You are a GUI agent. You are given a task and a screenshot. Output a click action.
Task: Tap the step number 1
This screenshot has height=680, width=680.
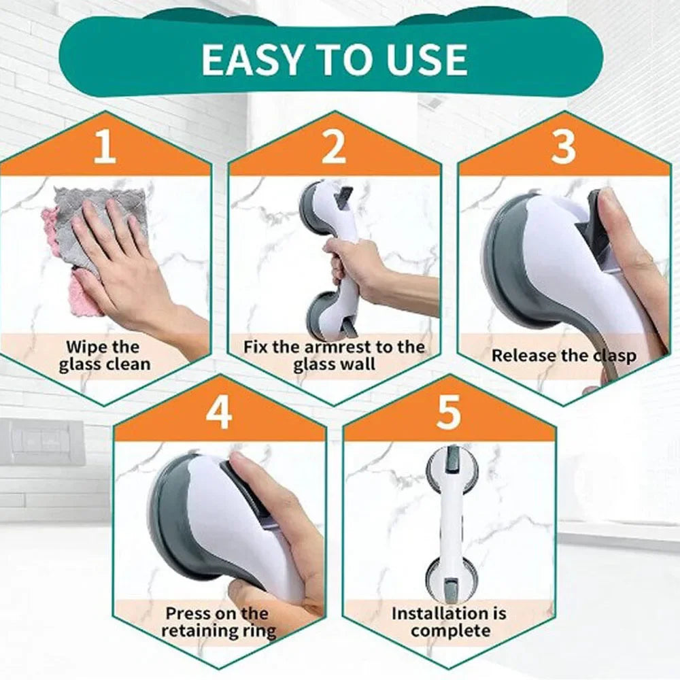[x=104, y=149]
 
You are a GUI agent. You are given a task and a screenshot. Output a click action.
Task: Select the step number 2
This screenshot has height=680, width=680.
[x=333, y=149]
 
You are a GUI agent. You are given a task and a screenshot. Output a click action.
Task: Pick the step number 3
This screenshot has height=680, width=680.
[x=563, y=149]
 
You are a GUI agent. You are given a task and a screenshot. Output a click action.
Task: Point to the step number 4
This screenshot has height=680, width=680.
[x=219, y=413]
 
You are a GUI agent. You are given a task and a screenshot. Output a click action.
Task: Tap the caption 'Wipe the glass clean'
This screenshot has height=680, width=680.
[x=104, y=356]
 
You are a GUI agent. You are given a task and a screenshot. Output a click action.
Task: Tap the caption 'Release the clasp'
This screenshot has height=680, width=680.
[x=564, y=355]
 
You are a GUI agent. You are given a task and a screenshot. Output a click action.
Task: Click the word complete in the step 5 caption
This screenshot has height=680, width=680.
[x=450, y=630]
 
